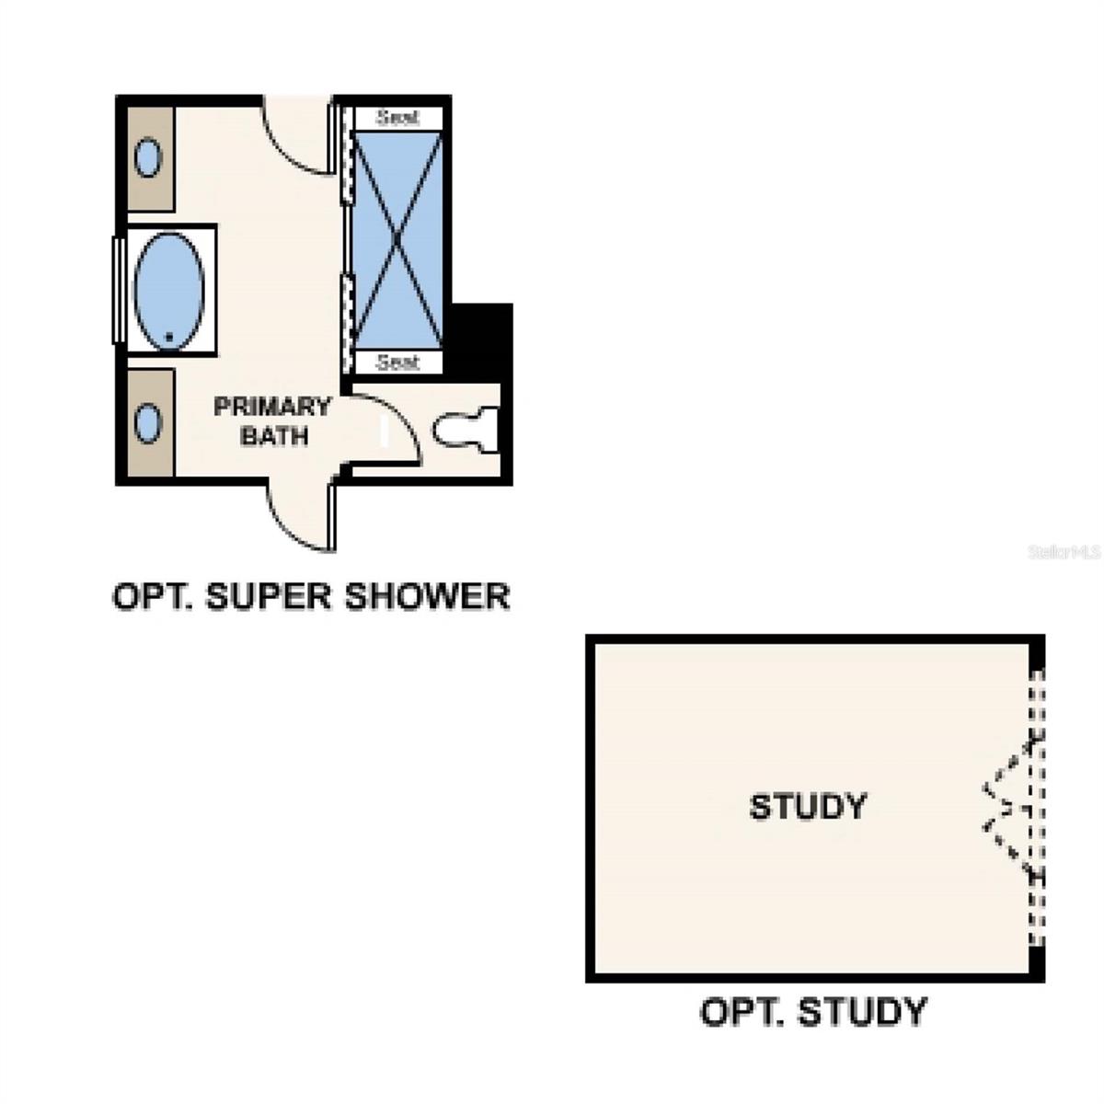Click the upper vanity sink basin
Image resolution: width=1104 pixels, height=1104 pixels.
[147, 157]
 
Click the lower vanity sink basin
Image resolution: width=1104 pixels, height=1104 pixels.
[147, 424]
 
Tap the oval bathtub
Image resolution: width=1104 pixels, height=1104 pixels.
[168, 289]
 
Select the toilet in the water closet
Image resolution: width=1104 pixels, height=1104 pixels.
[466, 430]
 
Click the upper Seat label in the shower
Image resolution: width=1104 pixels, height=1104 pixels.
[397, 117]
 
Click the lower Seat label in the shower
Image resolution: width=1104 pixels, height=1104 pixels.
[397, 362]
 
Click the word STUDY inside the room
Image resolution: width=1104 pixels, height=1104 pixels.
[808, 807]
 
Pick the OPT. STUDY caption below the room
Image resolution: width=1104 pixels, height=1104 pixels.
[813, 1012]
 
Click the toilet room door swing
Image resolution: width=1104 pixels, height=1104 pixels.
[386, 428]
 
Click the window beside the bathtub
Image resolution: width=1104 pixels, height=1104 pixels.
[118, 289]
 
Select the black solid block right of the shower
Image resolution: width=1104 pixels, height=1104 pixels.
[481, 340]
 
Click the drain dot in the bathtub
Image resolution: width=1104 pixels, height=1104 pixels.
[169, 337]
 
